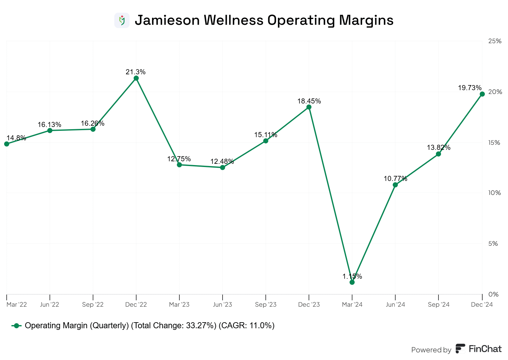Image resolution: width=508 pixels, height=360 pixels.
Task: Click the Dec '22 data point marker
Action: pos(136,78)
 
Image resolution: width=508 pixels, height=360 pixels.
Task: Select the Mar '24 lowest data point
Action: pos(352,282)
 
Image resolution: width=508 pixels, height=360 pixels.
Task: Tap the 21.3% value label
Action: pos(136,72)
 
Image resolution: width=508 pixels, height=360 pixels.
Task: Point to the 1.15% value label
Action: pos(352,277)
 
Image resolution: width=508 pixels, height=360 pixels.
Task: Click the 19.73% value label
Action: pos(470,88)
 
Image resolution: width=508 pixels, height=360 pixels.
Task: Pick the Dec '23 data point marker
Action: pos(309,107)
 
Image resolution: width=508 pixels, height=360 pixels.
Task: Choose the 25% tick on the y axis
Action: pos(495,41)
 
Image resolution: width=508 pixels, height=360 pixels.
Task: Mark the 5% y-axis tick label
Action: pos(493,243)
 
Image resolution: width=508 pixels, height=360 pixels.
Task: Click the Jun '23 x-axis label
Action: pos(222,304)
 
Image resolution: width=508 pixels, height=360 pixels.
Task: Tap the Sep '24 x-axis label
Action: pos(438,304)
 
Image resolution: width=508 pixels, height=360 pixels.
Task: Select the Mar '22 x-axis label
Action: pos(17,304)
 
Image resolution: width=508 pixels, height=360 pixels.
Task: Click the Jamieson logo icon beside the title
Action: pos(122,20)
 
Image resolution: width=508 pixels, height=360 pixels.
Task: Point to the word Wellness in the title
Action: pos(233,20)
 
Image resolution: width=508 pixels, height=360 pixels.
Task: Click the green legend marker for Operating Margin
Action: pos(17,326)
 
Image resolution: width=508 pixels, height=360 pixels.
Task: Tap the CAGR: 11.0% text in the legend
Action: pos(246,326)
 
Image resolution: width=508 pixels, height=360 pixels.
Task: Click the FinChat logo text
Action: pos(485,349)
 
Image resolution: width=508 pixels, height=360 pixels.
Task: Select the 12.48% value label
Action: pos(222,162)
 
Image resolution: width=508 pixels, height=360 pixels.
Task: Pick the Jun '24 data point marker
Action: pos(395,185)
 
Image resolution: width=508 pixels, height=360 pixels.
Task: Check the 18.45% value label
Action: pos(309,101)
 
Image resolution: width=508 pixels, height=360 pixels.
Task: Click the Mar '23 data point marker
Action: pos(179,165)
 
